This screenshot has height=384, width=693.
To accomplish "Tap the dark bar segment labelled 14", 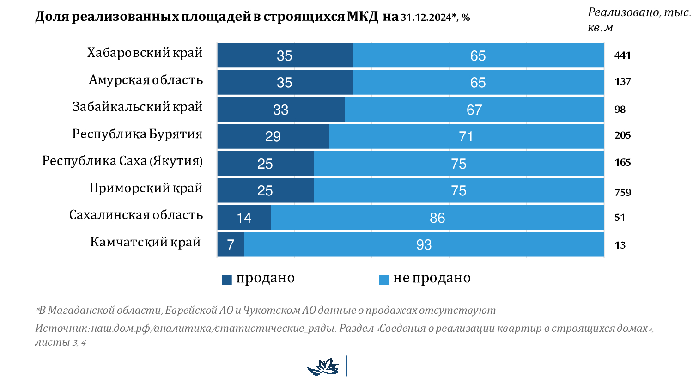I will [x=244, y=218].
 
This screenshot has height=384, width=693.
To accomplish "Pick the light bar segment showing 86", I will [x=437, y=218].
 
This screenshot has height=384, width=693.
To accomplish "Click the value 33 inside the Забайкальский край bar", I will [x=280, y=110].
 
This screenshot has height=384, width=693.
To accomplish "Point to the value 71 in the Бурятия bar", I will [x=466, y=137].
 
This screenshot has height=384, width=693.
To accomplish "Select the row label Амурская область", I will [x=146, y=80].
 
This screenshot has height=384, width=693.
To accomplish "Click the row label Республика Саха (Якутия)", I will [x=122, y=161].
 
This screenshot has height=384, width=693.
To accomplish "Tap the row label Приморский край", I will [x=146, y=188].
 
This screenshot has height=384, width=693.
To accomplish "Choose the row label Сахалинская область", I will [x=136, y=215].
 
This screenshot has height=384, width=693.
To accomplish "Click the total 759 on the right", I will [x=623, y=192].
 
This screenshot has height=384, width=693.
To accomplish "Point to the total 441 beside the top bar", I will [x=622, y=55].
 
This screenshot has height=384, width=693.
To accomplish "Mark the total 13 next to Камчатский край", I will [x=620, y=245].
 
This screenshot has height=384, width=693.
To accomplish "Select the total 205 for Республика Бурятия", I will [x=622, y=135].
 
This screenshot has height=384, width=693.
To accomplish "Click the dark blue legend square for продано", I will [x=227, y=280].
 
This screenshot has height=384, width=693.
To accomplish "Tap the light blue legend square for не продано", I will [x=383, y=280].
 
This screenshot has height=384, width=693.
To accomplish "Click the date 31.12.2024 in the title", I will [x=426, y=18].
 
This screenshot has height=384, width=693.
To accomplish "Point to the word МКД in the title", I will [x=362, y=17].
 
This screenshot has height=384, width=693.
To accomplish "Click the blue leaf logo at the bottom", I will [x=323, y=367].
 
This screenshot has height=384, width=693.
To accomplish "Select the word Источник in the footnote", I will [x=61, y=329].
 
